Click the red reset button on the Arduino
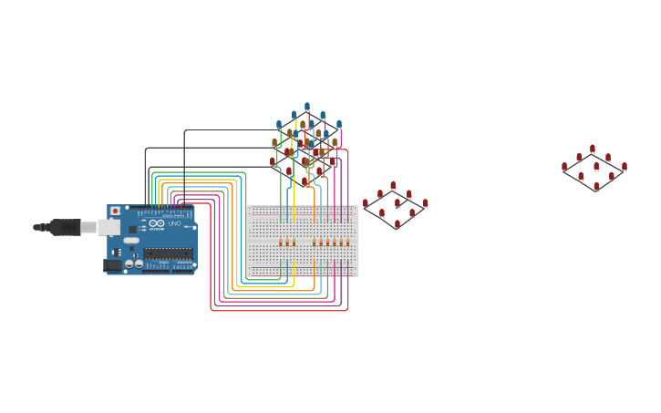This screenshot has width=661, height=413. pos(115,211)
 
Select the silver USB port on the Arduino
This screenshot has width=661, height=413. pos(109,227)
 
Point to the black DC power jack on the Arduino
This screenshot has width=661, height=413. pos(112,265)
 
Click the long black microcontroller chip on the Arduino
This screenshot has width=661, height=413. pos(168,253)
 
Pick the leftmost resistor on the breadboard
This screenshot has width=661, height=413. pos(281,243)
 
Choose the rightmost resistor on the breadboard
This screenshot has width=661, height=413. pos(347,243)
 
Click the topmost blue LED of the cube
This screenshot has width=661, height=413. pos(307,107)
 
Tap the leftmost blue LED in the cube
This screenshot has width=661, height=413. pos(279,125)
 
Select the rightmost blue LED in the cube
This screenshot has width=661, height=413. pos(339,124)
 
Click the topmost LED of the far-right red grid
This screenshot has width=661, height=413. pos(593,149)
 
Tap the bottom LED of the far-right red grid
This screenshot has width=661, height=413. pos(596,187)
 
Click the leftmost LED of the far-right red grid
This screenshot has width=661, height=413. pos(564,167)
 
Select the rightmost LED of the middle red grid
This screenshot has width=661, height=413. pos(425,204)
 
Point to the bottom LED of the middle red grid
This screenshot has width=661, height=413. pos(398,224)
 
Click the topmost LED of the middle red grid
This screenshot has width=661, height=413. pos(393,186)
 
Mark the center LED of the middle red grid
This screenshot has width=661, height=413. pos(397,204)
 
